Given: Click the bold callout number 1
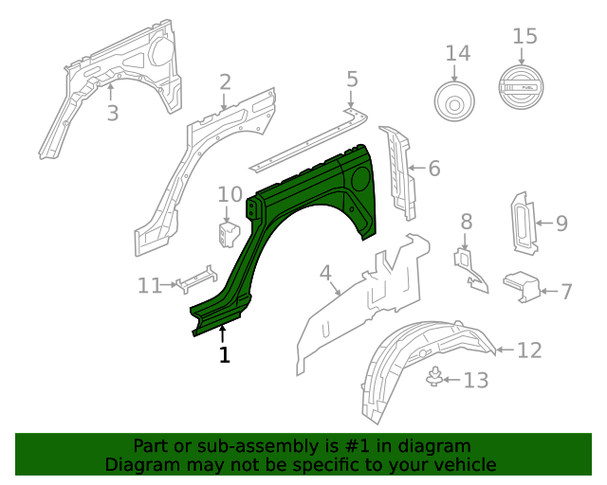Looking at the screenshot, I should [x=224, y=355].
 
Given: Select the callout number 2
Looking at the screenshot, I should [x=225, y=82].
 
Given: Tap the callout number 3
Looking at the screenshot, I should [x=112, y=114].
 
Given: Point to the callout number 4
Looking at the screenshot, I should [x=325, y=274].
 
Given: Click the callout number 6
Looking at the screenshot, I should [x=433, y=169].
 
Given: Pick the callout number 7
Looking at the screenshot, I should [x=565, y=291].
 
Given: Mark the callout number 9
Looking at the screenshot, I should [x=561, y=224].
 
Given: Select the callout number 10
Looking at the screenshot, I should [x=230, y=194].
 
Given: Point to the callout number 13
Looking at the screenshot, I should [x=475, y=380].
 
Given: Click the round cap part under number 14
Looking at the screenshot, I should [x=457, y=99].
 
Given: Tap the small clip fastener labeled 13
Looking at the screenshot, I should [x=434, y=378].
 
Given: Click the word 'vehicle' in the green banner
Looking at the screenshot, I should [x=463, y=464].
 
